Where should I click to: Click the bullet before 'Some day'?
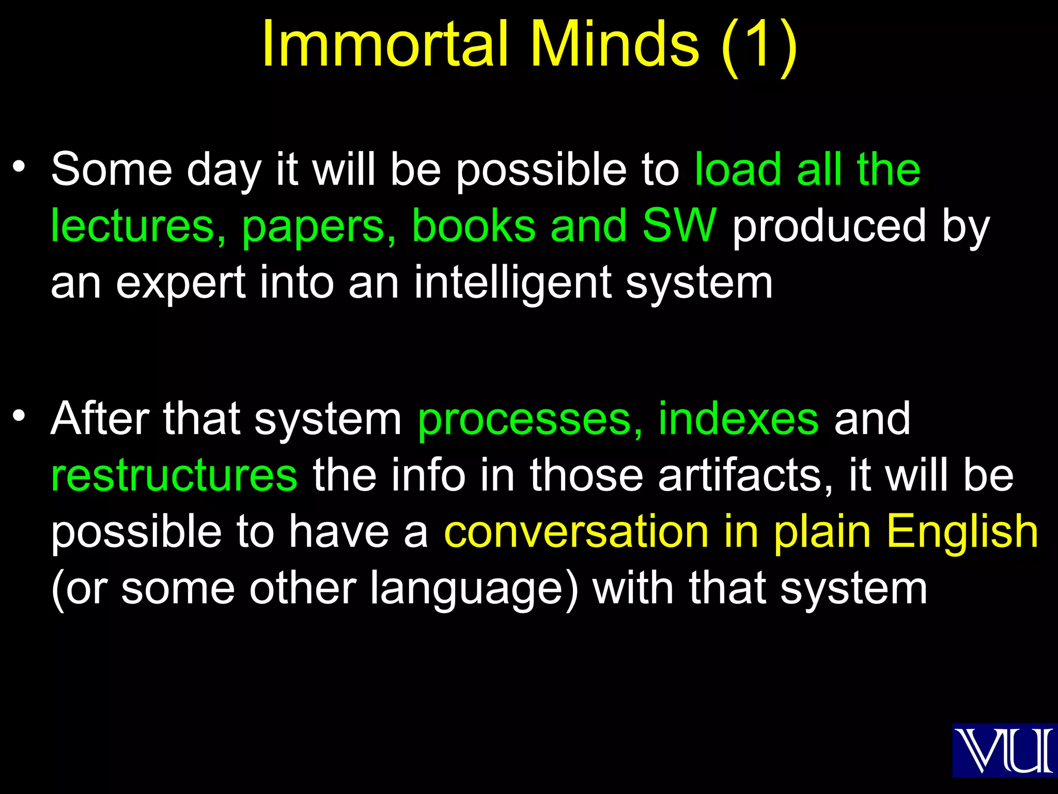click(x=19, y=167)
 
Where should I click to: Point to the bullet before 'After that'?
click(x=19, y=416)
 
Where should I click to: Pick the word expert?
click(x=180, y=284)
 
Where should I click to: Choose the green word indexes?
click(x=738, y=419)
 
